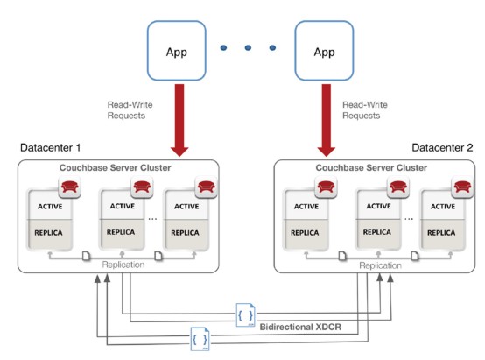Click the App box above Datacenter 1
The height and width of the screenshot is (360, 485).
tap(176, 51)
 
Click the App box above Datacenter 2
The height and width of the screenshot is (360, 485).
tap(324, 51)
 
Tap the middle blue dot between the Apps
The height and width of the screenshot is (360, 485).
tap(248, 47)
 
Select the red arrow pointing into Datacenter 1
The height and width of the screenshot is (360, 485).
tap(179, 120)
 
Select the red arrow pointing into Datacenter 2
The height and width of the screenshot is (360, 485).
tap(327, 120)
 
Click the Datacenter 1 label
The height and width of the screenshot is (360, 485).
tap(51, 148)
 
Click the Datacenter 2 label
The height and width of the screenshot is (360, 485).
tap(442, 148)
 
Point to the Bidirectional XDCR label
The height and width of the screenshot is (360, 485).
tap(300, 327)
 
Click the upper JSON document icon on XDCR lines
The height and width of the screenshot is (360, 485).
tap(246, 315)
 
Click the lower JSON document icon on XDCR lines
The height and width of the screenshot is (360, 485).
tap(200, 339)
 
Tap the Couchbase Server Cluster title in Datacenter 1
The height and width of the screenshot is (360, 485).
tap(115, 168)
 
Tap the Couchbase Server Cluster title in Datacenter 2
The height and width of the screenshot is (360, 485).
tap(371, 168)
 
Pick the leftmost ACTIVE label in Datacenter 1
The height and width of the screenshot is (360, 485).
tap(50, 207)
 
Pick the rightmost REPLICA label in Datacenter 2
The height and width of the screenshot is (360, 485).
tap(441, 233)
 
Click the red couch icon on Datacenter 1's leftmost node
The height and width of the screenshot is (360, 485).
tap(69, 187)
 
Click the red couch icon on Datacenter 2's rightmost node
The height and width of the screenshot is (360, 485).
tap(462, 187)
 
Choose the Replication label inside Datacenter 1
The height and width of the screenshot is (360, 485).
tap(123, 265)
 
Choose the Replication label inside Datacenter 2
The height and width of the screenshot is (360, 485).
tap(380, 265)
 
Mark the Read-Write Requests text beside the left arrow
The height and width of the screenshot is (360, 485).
tap(130, 110)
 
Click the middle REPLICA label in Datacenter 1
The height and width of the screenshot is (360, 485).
tap(121, 232)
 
